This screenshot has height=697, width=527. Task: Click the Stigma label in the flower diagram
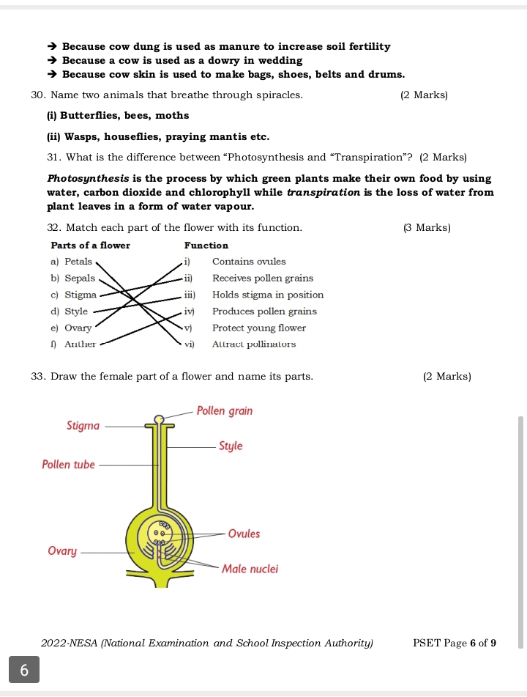click(x=83, y=425)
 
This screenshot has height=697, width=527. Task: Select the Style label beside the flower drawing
click(x=231, y=446)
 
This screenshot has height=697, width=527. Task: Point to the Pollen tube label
click(x=68, y=465)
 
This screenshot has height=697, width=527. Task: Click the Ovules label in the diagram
click(x=244, y=534)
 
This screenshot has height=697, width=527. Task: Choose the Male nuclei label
click(x=250, y=569)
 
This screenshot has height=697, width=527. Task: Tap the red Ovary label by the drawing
click(x=62, y=550)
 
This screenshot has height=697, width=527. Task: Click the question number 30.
click(x=39, y=95)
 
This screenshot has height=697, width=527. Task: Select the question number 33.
click(x=39, y=377)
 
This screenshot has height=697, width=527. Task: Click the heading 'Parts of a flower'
click(x=90, y=246)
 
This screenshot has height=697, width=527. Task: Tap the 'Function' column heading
click(x=206, y=246)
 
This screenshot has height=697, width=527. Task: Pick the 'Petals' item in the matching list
click(x=78, y=262)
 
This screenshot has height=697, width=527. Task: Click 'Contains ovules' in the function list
click(x=249, y=262)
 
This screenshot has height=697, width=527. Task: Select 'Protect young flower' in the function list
click(x=258, y=328)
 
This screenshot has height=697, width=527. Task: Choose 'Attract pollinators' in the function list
click(x=254, y=344)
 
